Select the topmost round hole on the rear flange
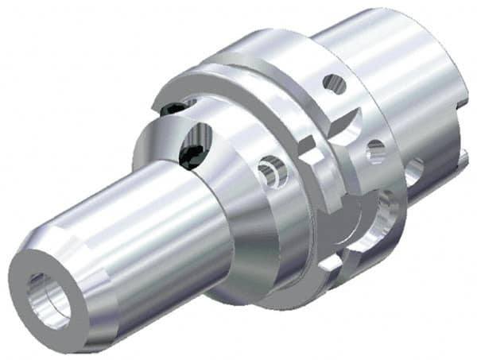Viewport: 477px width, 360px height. click(x=335, y=83)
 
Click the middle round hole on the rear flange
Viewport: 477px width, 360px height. click(x=376, y=150)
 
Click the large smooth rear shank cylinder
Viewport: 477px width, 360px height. click(x=397, y=64)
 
